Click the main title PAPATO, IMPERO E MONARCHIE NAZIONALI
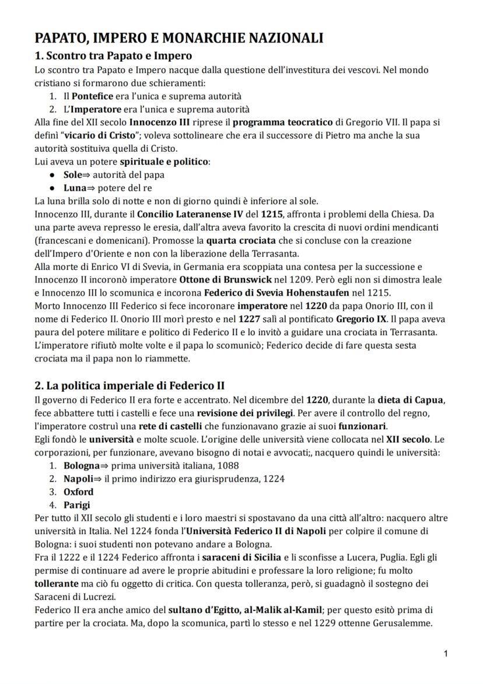[x=179, y=38]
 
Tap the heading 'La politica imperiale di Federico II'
[x=129, y=385]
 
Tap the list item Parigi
[x=77, y=505]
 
